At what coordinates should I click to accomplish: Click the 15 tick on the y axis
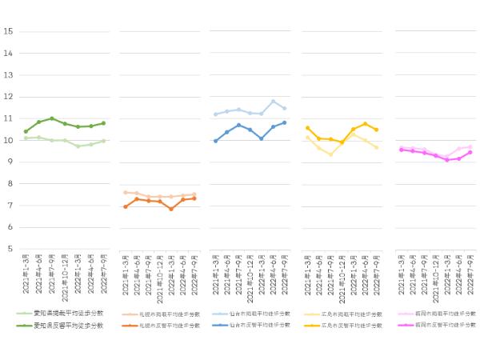[8, 32]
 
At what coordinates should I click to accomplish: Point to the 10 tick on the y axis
[8, 140]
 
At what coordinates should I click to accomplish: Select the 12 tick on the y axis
[8, 97]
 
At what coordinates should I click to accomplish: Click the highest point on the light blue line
[273, 102]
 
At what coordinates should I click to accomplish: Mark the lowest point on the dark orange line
[171, 209]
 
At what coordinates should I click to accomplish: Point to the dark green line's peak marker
[52, 118]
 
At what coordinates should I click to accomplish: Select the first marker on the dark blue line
[215, 141]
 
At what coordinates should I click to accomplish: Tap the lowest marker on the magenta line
[447, 160]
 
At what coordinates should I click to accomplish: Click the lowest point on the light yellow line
[330, 154]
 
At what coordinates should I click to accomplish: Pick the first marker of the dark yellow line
[308, 128]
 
